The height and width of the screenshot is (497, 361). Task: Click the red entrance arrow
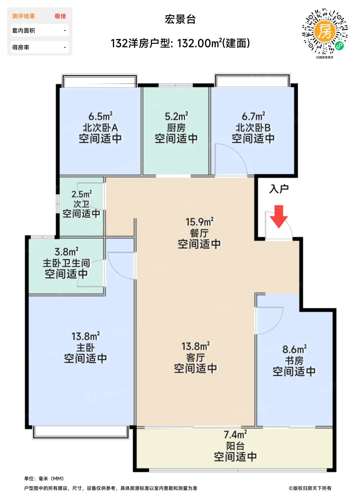[279, 216]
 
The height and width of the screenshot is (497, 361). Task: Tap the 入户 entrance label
[279, 189]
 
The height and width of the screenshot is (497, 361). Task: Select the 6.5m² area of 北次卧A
[100, 116]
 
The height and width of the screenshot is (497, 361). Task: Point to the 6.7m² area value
[253, 116]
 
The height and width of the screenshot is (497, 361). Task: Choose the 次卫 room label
[81, 204]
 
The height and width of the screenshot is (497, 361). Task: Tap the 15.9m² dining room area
[199, 222]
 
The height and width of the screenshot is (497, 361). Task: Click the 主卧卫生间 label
[66, 263]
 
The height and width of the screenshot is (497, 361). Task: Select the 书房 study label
[294, 361]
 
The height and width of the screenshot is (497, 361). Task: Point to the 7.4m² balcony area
[235, 435]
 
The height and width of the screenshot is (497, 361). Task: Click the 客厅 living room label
[195, 358]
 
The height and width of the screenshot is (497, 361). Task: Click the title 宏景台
[180, 19]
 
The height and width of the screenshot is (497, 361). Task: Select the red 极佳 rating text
[60, 16]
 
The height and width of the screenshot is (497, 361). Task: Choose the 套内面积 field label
[23, 31]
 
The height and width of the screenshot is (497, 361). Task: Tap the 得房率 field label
[21, 47]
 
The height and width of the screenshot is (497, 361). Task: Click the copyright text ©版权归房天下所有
[310, 488]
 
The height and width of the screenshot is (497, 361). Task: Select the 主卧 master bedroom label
[86, 348]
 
